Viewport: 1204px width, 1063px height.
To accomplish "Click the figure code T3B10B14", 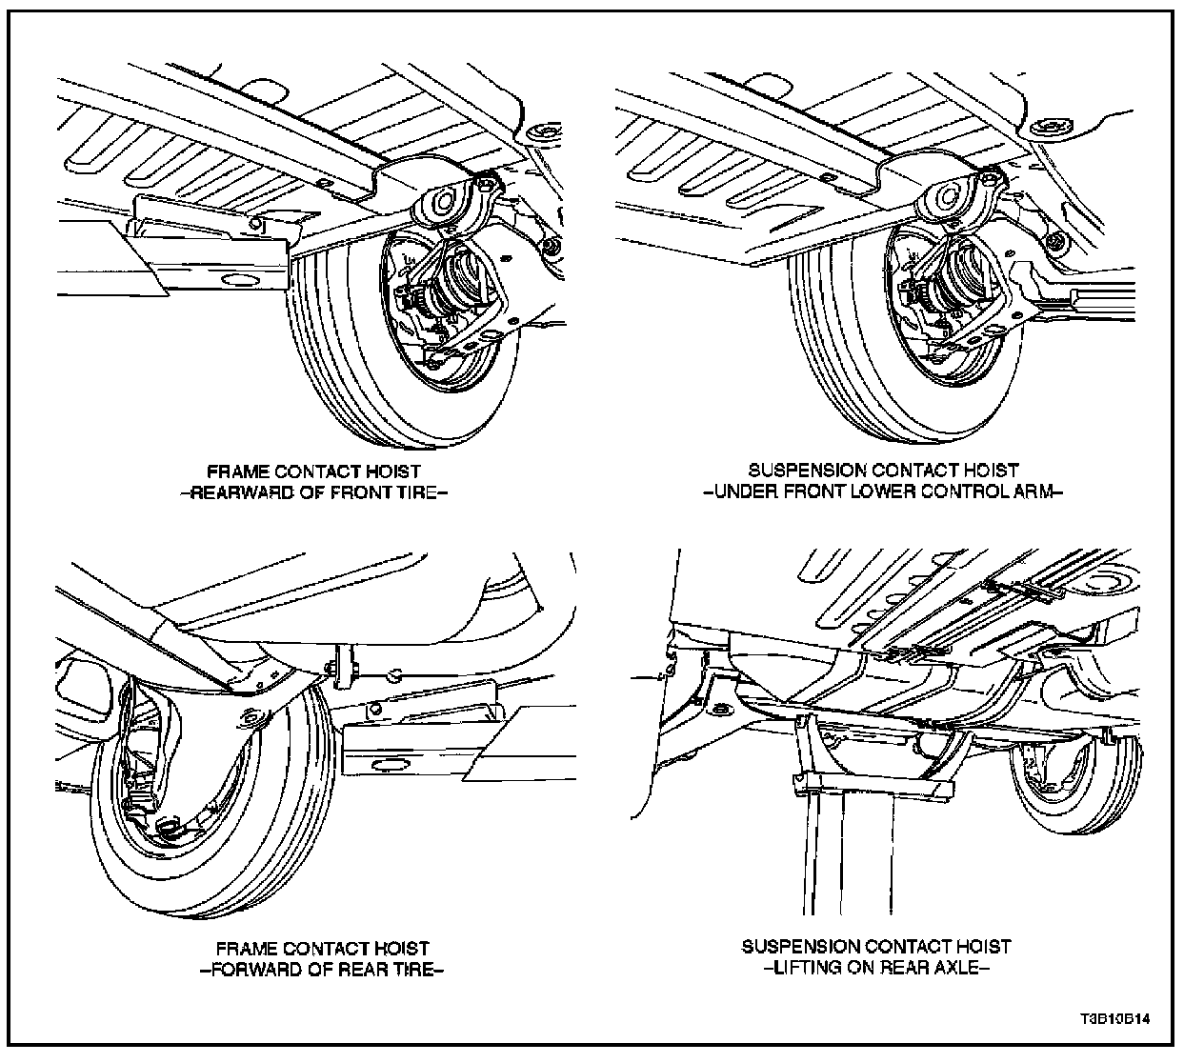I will [x=1114, y=1018].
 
